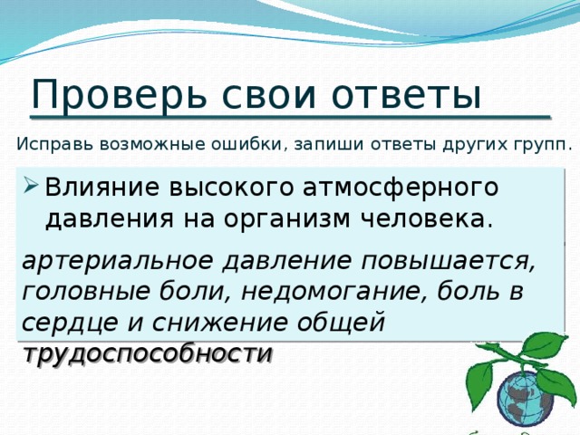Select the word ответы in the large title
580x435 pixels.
click(x=404, y=94)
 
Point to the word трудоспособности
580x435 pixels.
click(x=148, y=353)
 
